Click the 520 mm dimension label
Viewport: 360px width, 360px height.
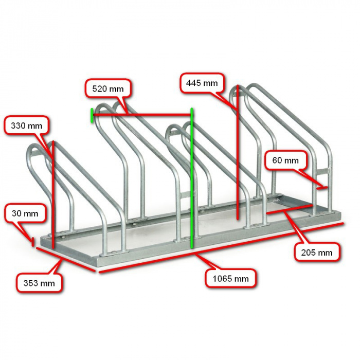pyautogui.click(x=108, y=89)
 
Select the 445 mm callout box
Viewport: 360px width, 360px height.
pyautogui.click(x=202, y=83)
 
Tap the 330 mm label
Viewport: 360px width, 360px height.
pyautogui.click(x=27, y=125)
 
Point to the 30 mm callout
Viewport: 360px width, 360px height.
pyautogui.click(x=25, y=213)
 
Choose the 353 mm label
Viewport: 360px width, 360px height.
pyautogui.click(x=39, y=283)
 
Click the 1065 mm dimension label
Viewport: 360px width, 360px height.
pyautogui.click(x=230, y=279)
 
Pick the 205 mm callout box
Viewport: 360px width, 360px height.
pyautogui.click(x=317, y=253)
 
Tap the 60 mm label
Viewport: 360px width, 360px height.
pyautogui.click(x=285, y=160)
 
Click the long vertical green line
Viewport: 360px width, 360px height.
pyautogui.click(x=192, y=178)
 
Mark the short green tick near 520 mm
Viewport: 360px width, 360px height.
pyautogui.click(x=92, y=116)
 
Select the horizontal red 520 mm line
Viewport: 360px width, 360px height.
pyautogui.click(x=142, y=114)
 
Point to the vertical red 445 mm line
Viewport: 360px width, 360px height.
pyautogui.click(x=238, y=153)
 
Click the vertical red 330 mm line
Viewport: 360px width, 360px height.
pyautogui.click(x=53, y=194)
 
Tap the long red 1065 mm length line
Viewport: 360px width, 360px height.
pyautogui.click(x=221, y=247)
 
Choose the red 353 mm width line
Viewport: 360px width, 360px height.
pyautogui.click(x=65, y=259)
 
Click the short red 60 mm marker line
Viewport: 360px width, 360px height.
pyautogui.click(x=322, y=188)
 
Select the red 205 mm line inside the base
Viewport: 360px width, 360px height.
pyautogui.click(x=290, y=208)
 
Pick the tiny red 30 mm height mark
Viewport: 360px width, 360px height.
pyautogui.click(x=33, y=242)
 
